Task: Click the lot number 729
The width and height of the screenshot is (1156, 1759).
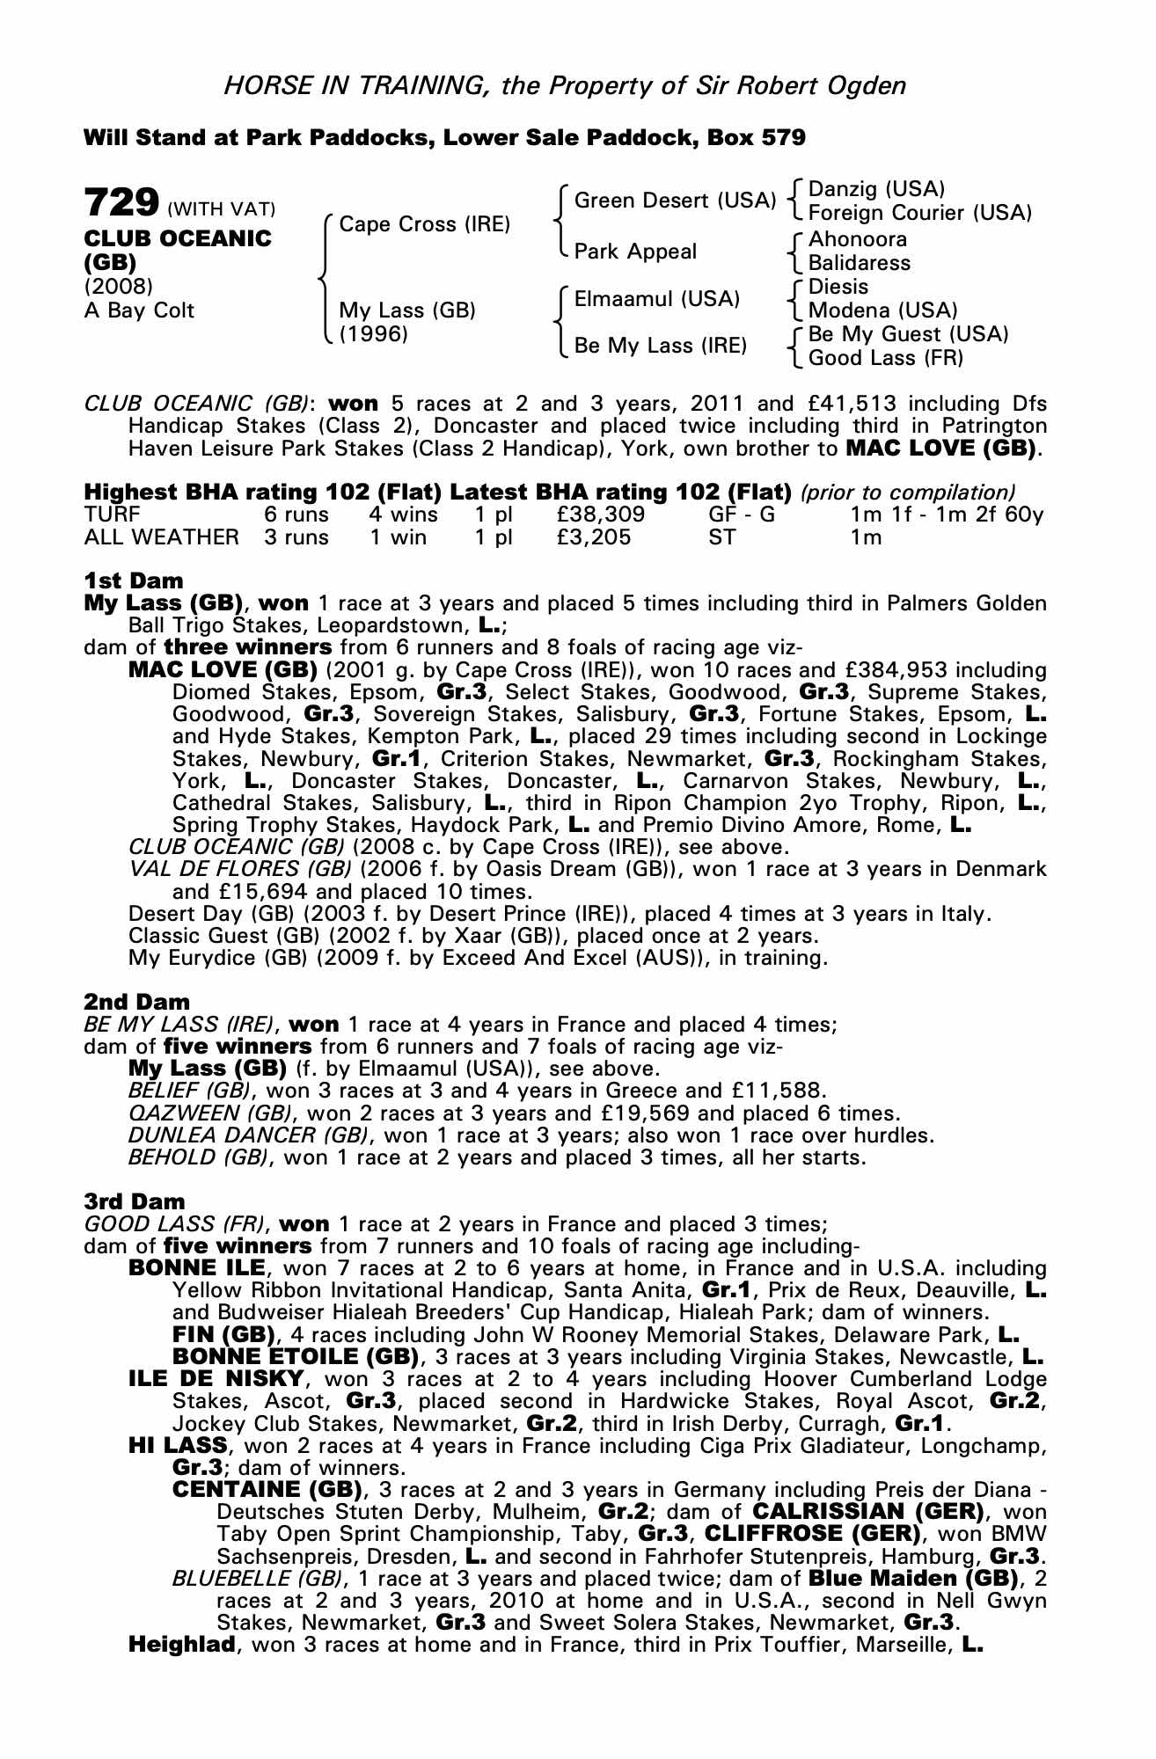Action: click(x=121, y=203)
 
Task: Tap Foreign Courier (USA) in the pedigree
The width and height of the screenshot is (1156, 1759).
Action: click(x=919, y=213)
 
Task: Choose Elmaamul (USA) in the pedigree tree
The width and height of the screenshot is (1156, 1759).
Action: click(x=656, y=299)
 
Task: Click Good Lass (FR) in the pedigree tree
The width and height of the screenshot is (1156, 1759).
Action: click(x=886, y=358)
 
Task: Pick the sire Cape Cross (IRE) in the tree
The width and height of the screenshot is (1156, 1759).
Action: click(x=425, y=224)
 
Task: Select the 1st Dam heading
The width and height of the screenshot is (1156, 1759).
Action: click(x=134, y=580)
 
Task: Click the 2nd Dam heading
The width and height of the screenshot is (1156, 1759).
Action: click(x=136, y=1002)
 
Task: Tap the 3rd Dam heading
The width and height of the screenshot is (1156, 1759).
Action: click(x=135, y=1201)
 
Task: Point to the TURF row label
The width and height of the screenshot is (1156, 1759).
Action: click(x=112, y=515)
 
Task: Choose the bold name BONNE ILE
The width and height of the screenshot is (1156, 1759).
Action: click(x=196, y=1268)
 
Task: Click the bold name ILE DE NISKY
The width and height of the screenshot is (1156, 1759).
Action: click(x=216, y=1379)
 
